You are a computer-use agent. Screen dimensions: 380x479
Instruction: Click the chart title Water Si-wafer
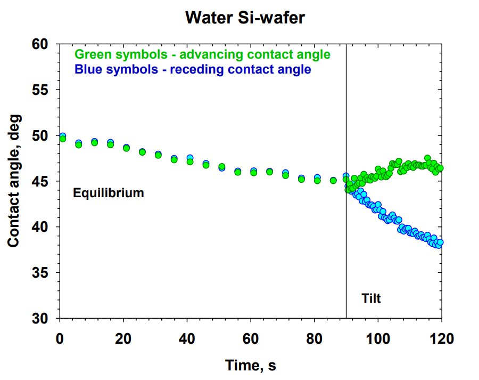point(244,18)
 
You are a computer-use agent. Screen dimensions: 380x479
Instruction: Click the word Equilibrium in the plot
point(109,193)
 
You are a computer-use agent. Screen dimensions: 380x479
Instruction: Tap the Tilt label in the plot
point(371,298)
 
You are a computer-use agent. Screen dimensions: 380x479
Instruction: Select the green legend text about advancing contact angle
point(202,54)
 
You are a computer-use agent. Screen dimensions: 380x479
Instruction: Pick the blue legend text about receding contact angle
point(193,69)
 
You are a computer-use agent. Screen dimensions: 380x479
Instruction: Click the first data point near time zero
point(62,138)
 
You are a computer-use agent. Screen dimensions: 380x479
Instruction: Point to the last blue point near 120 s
point(440,243)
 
